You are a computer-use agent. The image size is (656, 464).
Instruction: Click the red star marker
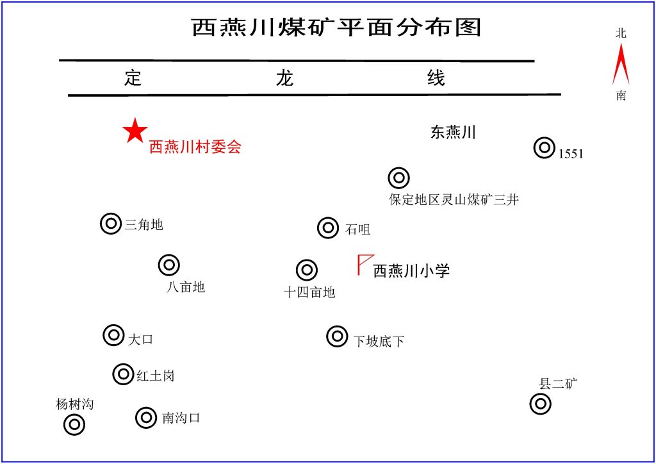tap(135, 131)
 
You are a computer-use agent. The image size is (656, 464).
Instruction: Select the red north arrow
tap(621, 65)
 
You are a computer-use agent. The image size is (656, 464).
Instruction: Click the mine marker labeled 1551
tap(545, 147)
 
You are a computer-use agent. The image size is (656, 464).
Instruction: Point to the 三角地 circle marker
tap(111, 224)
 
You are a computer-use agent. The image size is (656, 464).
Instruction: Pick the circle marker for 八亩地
tap(169, 265)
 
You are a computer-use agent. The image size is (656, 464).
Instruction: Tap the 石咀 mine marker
tap(328, 228)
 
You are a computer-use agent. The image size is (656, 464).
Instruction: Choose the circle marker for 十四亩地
tap(307, 270)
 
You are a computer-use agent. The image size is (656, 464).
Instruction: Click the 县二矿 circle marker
tap(541, 404)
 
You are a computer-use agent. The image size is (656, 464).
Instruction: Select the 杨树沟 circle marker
tap(74, 425)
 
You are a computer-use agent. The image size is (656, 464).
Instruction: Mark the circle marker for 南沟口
tap(146, 417)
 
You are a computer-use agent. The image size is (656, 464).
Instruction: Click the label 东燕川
tap(454, 132)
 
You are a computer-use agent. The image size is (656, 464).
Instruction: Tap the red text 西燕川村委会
tap(195, 146)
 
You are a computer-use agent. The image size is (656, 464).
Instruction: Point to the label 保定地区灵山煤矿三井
tap(454, 199)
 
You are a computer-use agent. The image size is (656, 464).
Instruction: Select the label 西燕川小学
tap(411, 270)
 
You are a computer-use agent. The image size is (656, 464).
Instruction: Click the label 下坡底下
tap(379, 342)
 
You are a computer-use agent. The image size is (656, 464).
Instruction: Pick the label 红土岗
tap(156, 376)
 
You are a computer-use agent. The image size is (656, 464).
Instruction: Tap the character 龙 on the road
tap(284, 78)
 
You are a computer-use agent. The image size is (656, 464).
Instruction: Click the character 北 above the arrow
tap(621, 33)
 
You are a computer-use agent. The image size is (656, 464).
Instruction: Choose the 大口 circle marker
tap(113, 335)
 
